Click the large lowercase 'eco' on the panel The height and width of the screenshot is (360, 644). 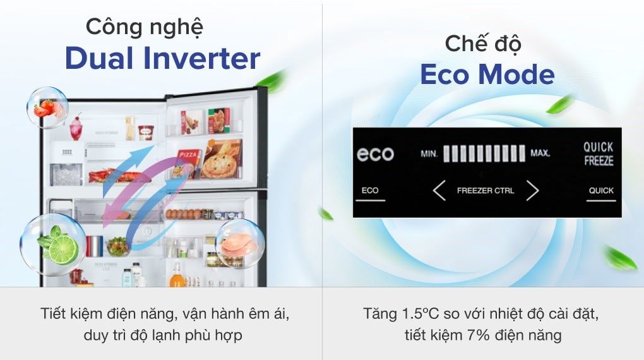(375, 154)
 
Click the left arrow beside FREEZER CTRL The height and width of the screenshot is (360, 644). (439, 190)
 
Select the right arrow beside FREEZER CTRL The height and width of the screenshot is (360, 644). (532, 190)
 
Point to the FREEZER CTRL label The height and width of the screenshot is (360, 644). (485, 190)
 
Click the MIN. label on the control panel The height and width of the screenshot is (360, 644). (429, 153)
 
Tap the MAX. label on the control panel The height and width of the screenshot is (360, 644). (540, 153)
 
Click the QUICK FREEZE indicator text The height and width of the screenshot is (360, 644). (598, 153)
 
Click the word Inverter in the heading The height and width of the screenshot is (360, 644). (201, 59)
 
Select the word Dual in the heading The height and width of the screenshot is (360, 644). (100, 59)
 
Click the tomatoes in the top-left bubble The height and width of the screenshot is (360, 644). (45, 109)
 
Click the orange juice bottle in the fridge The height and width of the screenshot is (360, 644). (177, 275)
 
